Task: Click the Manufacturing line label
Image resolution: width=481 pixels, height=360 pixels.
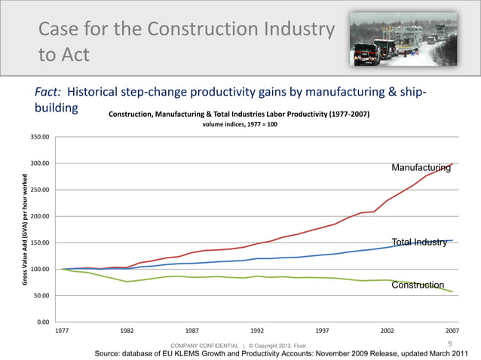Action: click(x=421, y=167)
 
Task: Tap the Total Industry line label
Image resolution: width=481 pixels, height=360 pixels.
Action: click(x=419, y=242)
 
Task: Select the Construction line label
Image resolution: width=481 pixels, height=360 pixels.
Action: click(x=418, y=285)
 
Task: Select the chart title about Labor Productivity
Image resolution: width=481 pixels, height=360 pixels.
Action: click(x=239, y=114)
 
